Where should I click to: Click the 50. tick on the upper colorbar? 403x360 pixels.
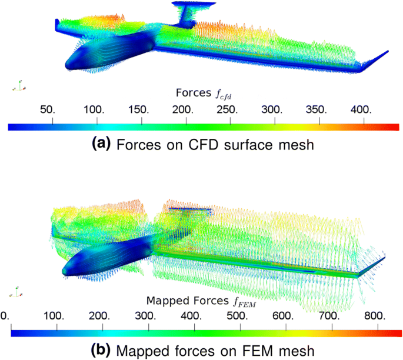[x=53, y=120]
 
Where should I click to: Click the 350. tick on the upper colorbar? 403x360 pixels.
[x=319, y=120]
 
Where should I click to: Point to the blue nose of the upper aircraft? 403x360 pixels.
[x=69, y=62]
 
